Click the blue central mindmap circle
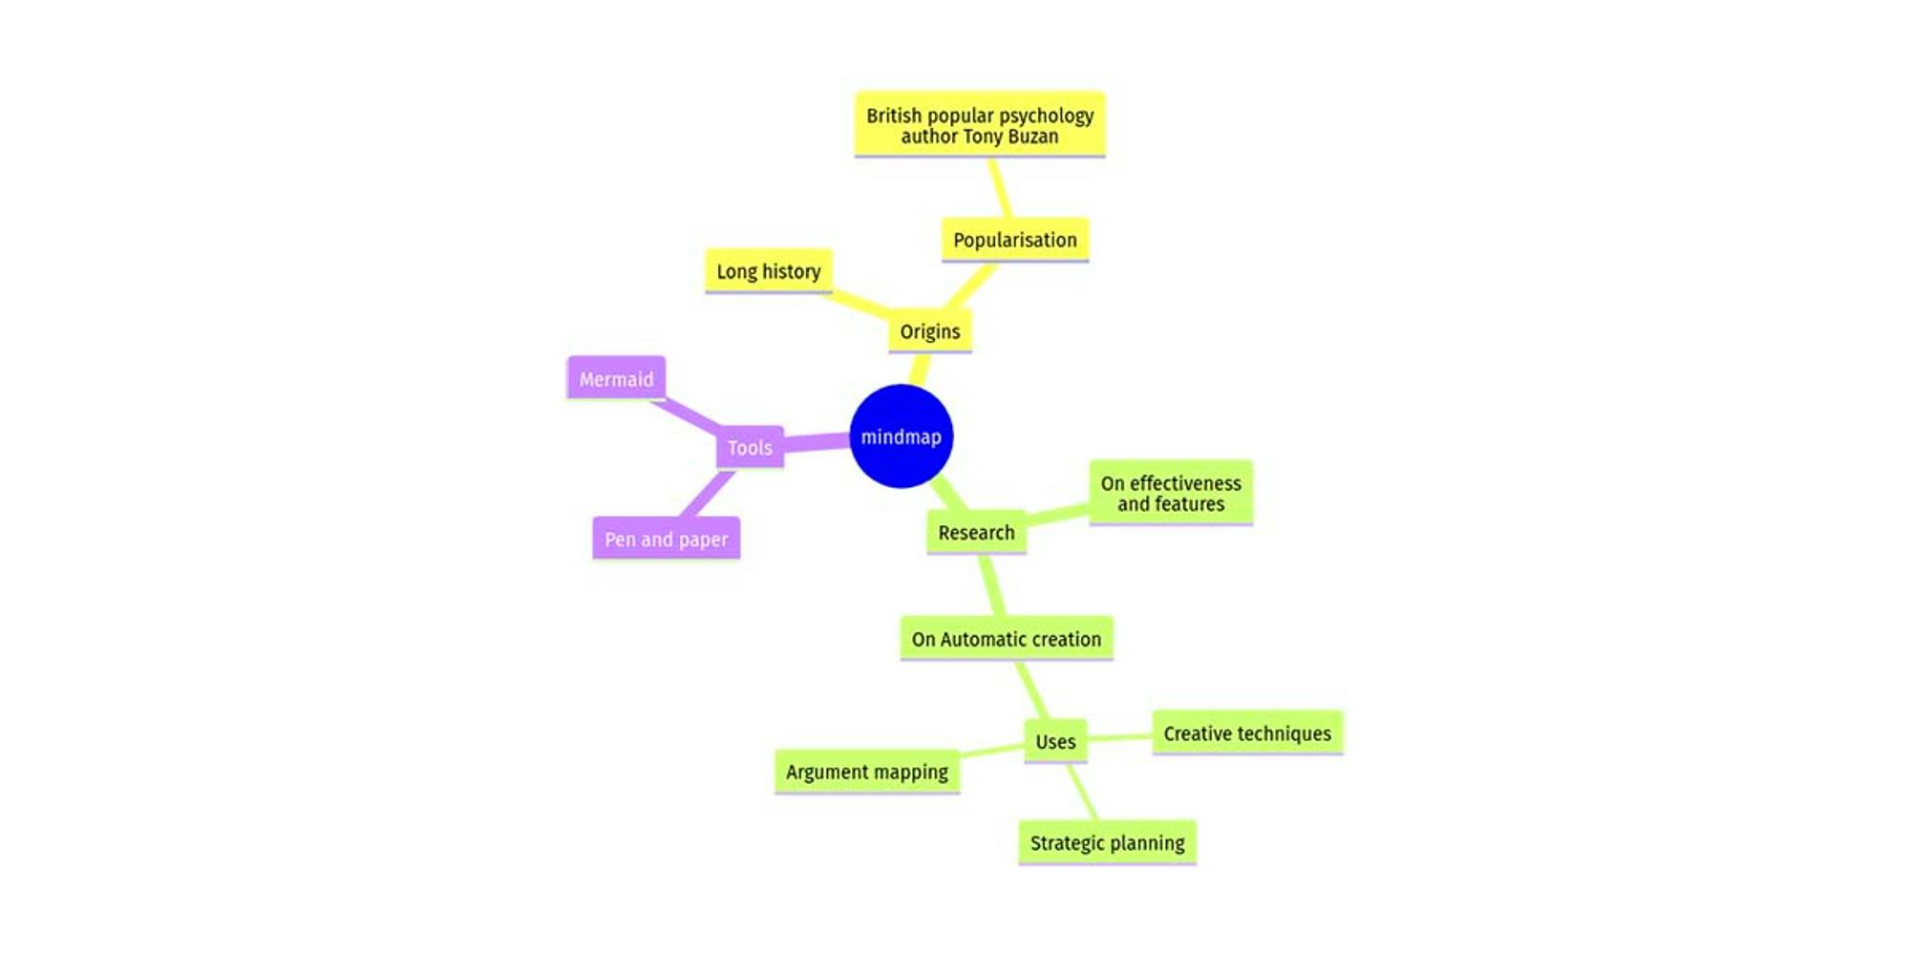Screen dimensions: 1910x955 901,436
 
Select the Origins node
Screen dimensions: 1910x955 930,331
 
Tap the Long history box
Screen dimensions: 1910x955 769,271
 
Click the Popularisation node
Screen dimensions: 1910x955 1015,240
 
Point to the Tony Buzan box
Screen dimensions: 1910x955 980,125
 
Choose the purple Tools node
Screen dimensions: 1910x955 750,447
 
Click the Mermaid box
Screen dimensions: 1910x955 616,379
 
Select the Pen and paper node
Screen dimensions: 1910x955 667,539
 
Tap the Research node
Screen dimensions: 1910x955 976,532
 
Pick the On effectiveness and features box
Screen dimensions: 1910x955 1171,493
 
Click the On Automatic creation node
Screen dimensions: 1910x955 1007,639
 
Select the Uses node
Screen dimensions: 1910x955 1055,741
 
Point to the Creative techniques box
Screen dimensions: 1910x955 1247,733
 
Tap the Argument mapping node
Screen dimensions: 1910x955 867,772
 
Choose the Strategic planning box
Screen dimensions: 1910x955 1108,842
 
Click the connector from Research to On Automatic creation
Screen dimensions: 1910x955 991,585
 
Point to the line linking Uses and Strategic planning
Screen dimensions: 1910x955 1082,792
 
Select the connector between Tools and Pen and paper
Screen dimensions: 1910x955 708,494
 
